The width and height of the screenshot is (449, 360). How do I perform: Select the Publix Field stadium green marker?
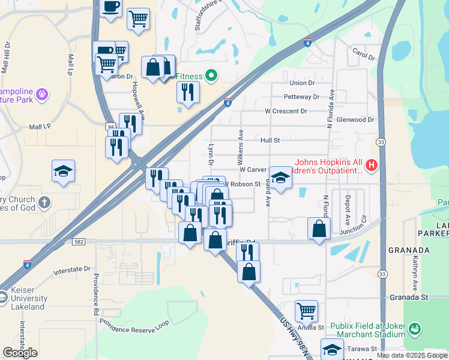414,328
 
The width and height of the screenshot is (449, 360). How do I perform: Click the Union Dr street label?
302,83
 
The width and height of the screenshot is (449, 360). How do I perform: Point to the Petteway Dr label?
301,97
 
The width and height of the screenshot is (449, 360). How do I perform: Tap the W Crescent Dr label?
286,111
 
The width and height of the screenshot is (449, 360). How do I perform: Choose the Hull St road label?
270,140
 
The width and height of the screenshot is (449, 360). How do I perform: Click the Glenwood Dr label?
355,119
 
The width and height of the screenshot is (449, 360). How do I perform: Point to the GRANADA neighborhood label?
409,250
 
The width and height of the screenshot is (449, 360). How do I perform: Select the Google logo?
20,352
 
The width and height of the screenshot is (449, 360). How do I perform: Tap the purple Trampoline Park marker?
41,94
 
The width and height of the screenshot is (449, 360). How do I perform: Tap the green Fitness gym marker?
211,76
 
